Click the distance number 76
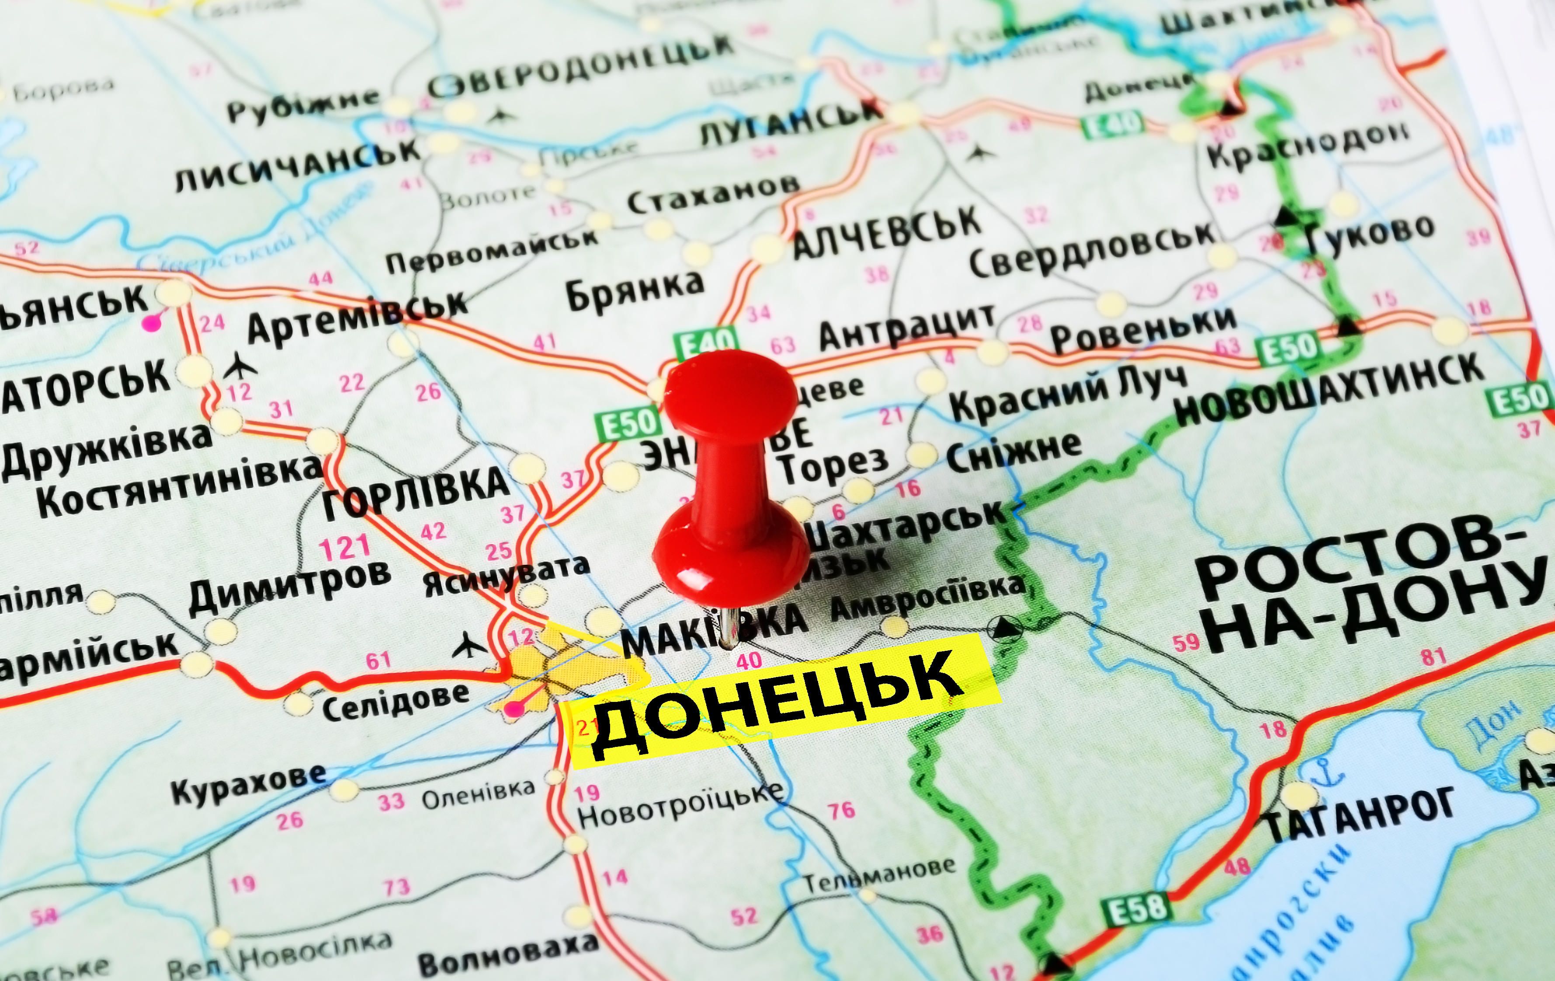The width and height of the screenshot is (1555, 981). point(841,809)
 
